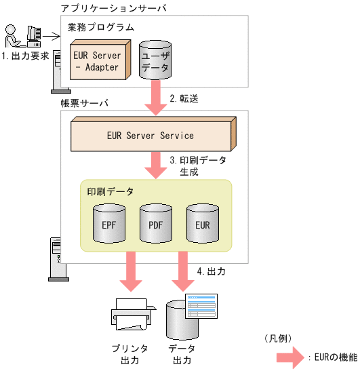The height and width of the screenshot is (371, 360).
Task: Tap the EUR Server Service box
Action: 153,136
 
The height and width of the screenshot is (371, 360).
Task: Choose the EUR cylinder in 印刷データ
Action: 203,222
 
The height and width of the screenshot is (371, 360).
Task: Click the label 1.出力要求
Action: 25,56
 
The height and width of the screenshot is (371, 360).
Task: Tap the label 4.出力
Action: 211,271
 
